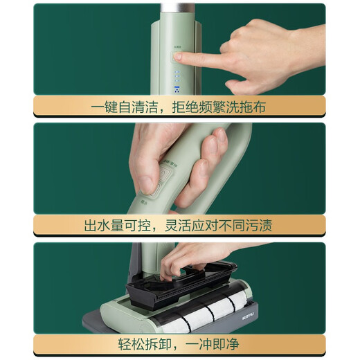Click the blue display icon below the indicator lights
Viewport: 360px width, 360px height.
click(177, 89)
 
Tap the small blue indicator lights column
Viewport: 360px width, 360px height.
click(177, 75)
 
